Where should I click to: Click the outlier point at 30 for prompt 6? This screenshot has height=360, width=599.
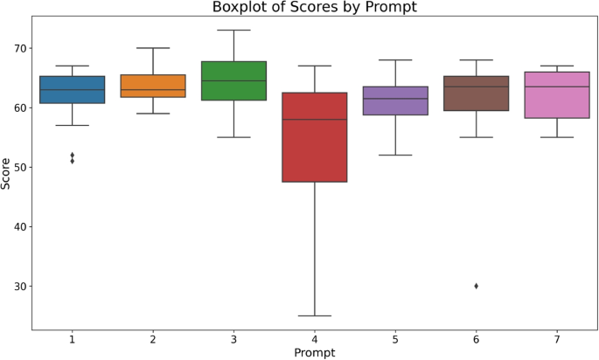tap(477, 286)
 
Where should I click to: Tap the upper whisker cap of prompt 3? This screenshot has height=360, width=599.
tap(233, 30)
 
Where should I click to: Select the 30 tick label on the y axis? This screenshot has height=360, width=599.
tap(18, 286)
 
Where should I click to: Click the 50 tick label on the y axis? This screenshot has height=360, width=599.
tap(18, 167)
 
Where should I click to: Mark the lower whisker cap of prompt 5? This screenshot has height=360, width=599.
tap(395, 155)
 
